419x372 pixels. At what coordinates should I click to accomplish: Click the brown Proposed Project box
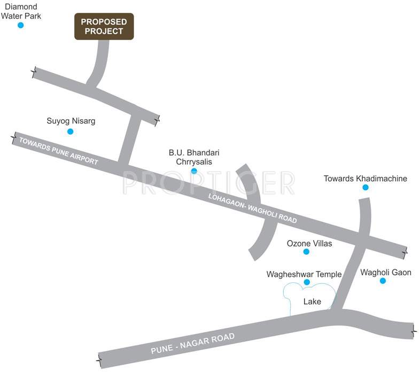click(x=104, y=27)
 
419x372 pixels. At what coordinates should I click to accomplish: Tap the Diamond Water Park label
click(x=21, y=11)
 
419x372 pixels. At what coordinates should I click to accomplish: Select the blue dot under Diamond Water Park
click(x=21, y=25)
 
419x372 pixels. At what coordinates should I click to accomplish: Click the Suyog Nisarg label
click(x=71, y=121)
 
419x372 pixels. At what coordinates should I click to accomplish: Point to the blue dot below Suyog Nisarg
click(x=70, y=131)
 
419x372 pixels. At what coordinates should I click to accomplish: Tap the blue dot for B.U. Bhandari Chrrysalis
click(x=194, y=171)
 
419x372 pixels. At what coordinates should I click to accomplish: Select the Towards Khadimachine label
click(x=366, y=179)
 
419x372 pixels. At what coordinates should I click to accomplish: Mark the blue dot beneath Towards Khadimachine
click(x=366, y=188)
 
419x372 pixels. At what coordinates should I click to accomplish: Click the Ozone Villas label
click(x=309, y=243)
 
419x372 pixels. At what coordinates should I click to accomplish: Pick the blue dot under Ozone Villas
click(x=306, y=252)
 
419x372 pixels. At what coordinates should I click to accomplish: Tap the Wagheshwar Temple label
click(x=304, y=274)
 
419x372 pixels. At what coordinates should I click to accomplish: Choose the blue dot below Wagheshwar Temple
click(x=307, y=282)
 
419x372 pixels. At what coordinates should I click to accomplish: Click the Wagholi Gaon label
click(x=386, y=272)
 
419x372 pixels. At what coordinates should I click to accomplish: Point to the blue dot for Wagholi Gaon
click(x=383, y=281)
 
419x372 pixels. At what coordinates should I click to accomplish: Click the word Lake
click(x=312, y=301)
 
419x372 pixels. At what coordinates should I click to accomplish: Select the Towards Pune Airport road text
click(x=59, y=151)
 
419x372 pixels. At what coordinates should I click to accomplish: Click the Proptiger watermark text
click(x=208, y=183)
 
